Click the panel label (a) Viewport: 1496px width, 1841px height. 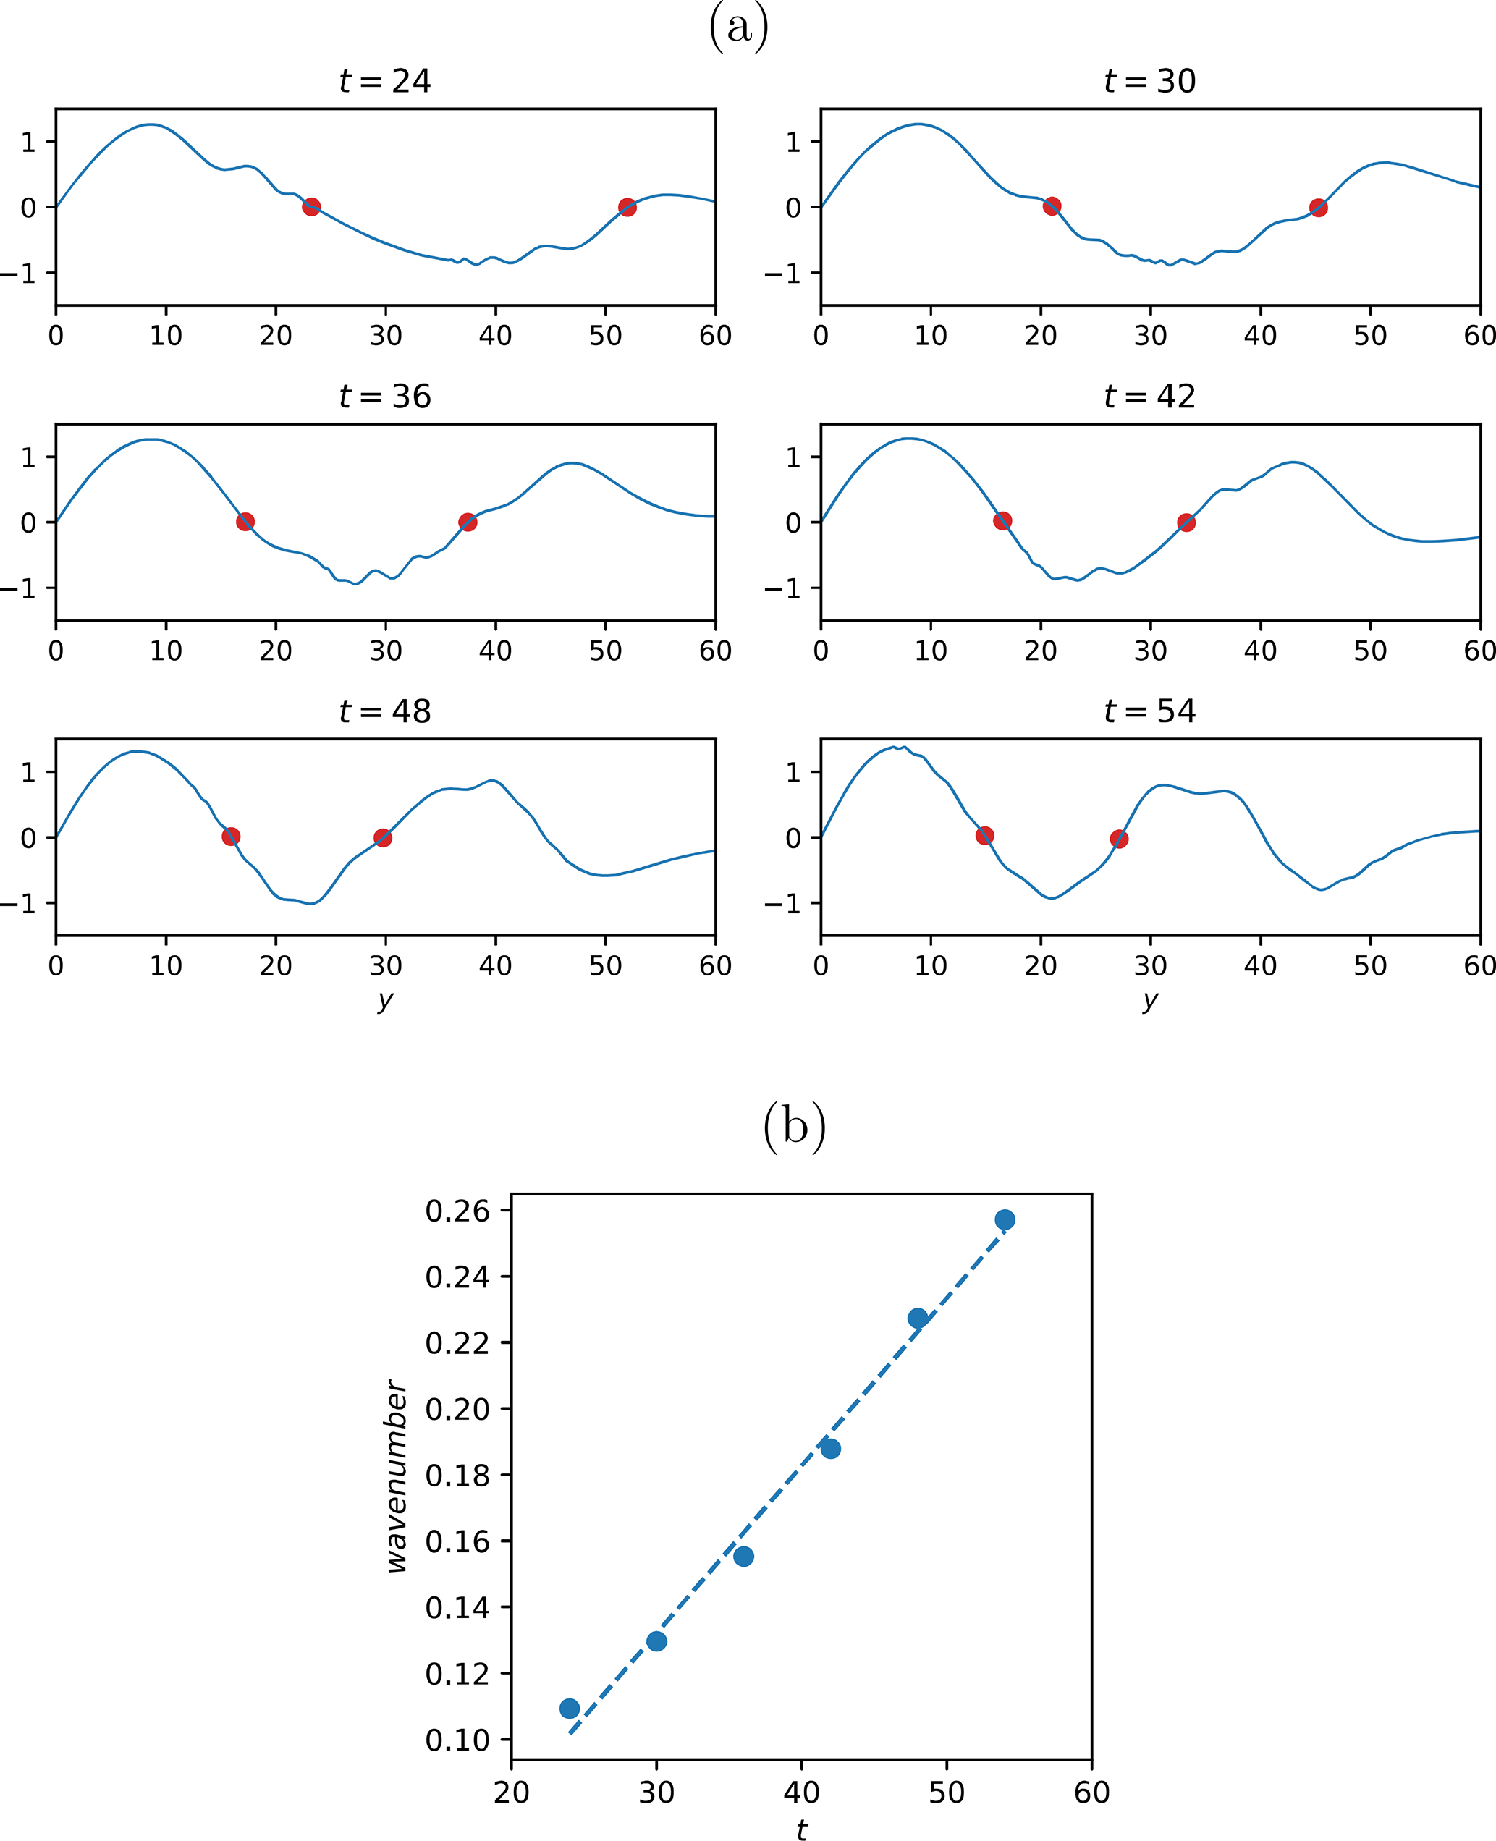(738, 27)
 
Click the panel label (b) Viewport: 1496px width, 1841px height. (794, 1127)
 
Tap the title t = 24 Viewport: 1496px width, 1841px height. (384, 81)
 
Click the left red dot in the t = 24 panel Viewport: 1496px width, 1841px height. (311, 207)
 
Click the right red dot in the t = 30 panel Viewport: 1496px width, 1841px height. (1318, 208)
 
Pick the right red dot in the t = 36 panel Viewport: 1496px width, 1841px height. (467, 522)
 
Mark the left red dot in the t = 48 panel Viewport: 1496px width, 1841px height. (231, 837)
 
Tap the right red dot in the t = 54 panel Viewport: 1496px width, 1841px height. (1118, 839)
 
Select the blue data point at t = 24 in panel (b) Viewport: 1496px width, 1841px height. (570, 1709)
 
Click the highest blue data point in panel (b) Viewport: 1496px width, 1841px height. (1005, 1220)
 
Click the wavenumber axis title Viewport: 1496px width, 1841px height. (397, 1476)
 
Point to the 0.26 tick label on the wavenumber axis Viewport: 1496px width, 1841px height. (457, 1211)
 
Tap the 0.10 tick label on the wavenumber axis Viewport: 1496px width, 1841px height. (457, 1740)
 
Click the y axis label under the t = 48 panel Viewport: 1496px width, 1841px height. (384, 1000)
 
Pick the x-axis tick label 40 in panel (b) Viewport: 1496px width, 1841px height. (801, 1792)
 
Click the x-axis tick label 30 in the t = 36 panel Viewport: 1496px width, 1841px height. (385, 651)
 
